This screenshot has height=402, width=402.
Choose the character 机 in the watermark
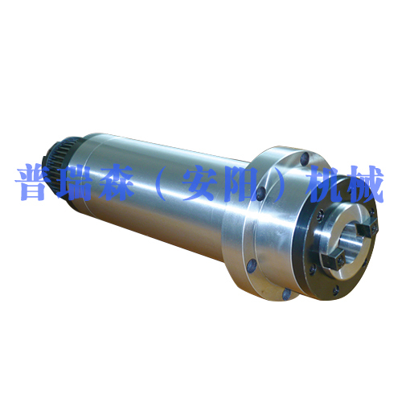[326, 184]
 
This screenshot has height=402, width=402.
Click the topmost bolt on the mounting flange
[305, 158]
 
